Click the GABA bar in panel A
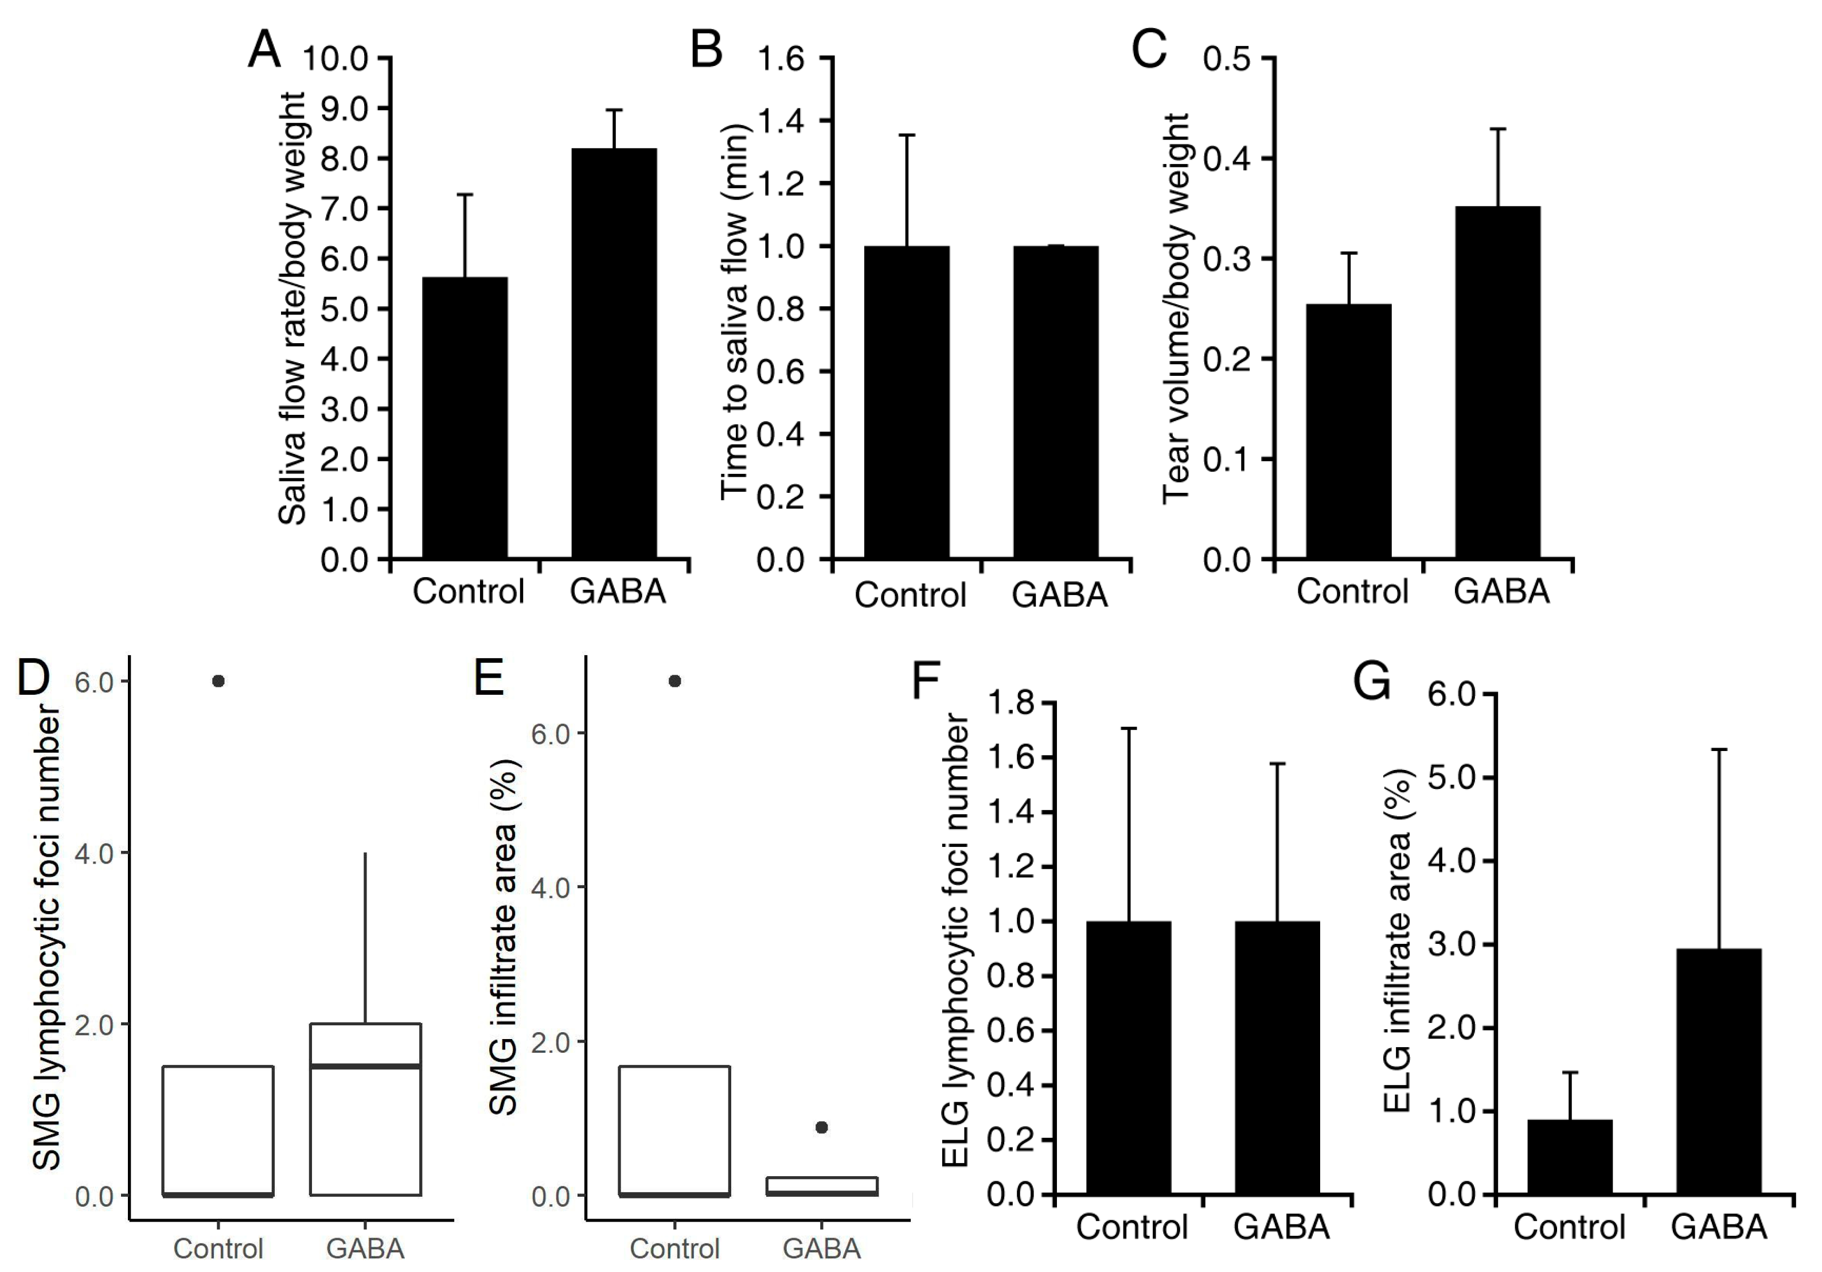tap(614, 353)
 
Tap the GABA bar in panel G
tap(1719, 1072)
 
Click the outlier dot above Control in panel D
tap(219, 680)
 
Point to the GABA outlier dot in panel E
tap(821, 1127)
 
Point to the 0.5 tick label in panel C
tap(1227, 59)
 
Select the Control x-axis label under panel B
tap(910, 595)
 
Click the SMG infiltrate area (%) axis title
tap(503, 937)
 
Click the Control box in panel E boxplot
tap(674, 1131)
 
